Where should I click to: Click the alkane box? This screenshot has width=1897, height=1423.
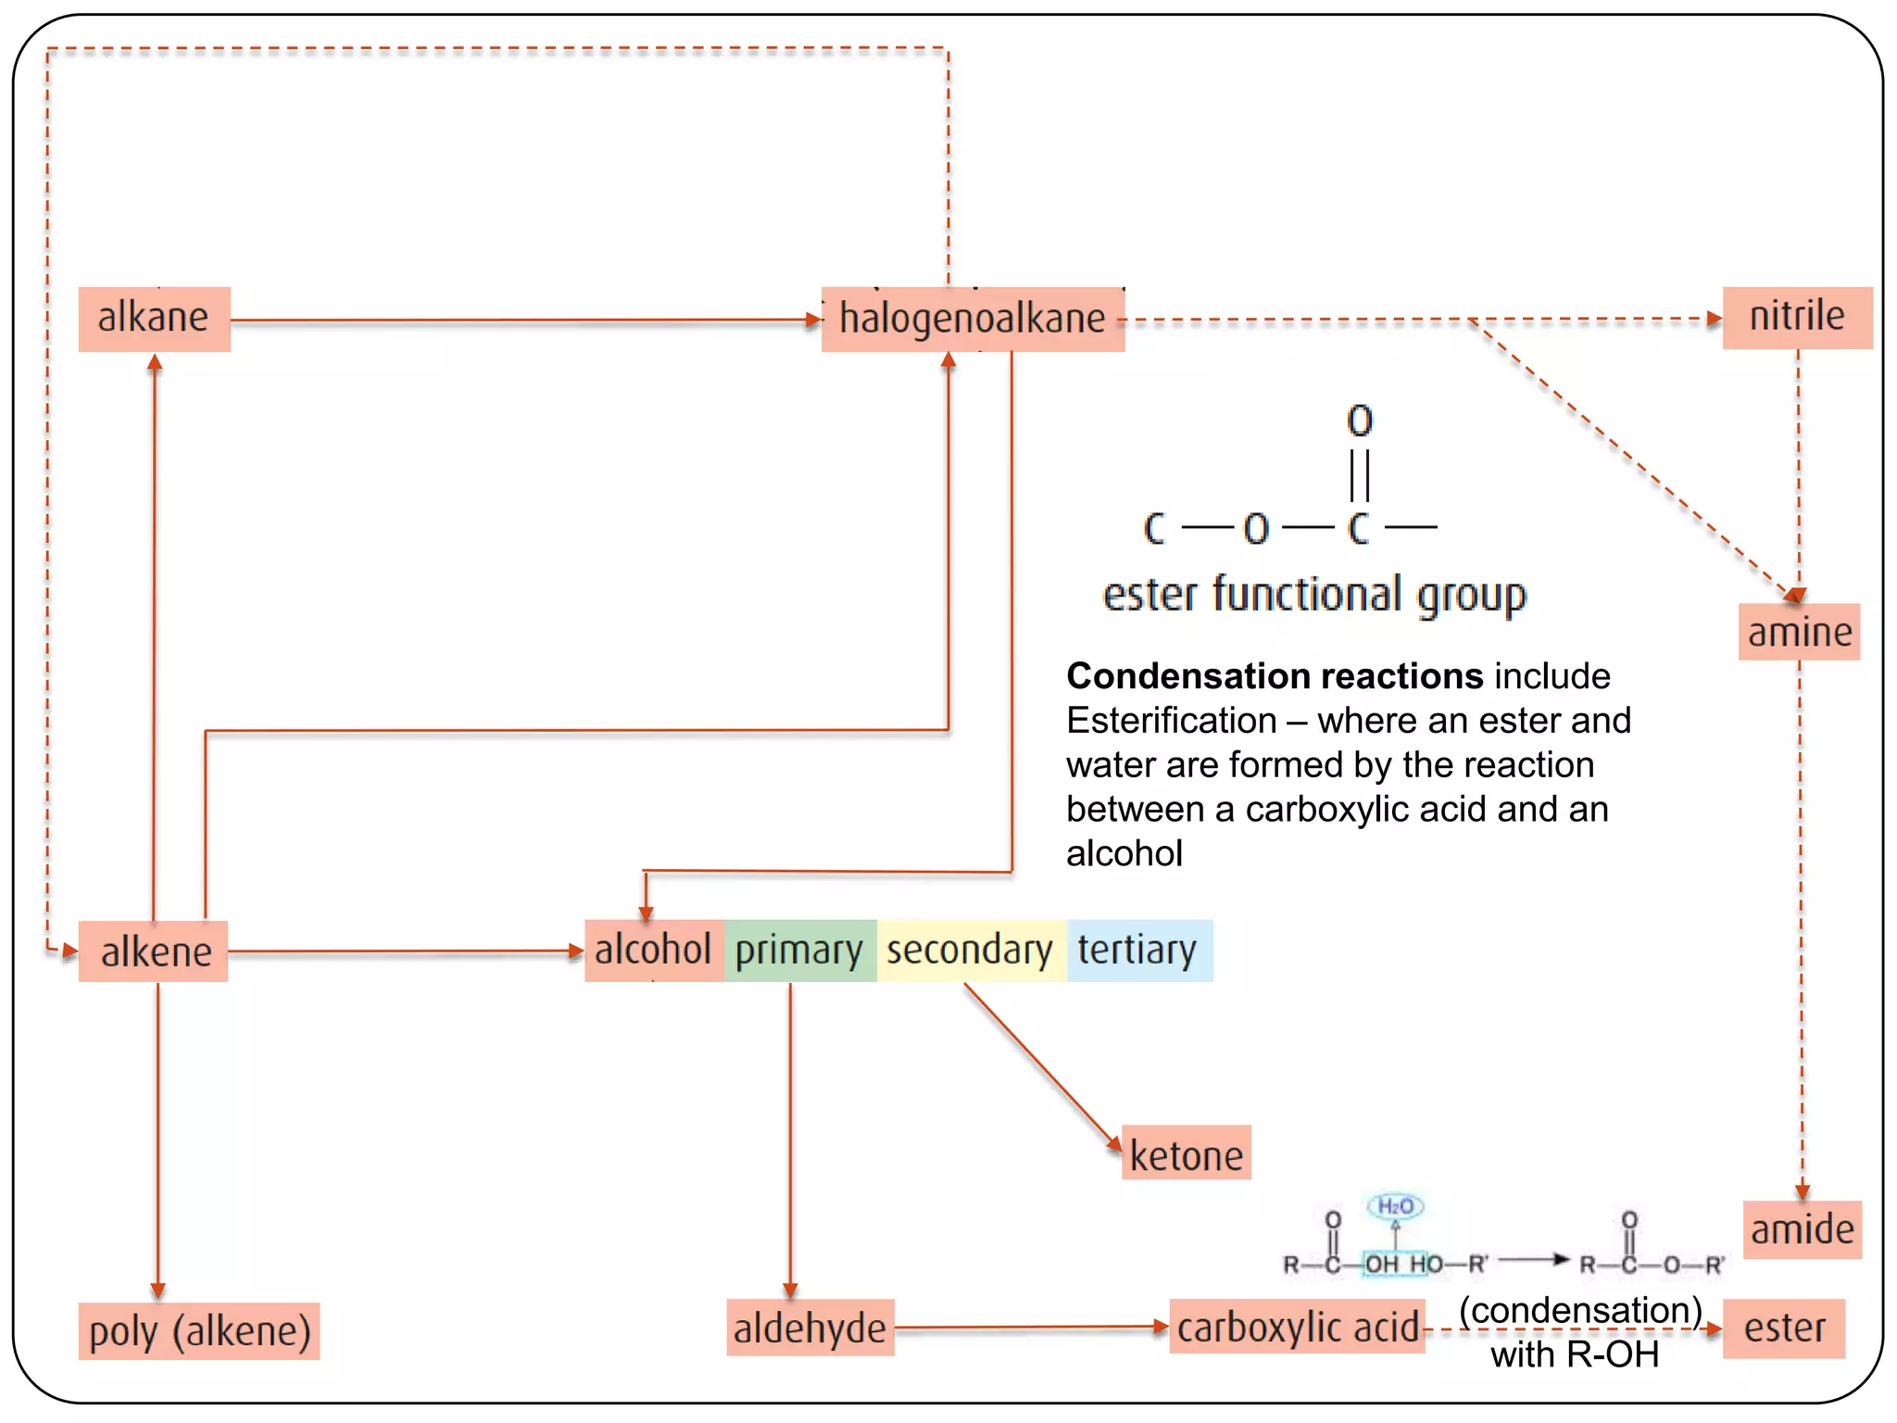(154, 319)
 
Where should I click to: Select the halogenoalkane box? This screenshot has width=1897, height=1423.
(973, 319)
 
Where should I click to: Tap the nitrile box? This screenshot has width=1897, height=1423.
(1796, 317)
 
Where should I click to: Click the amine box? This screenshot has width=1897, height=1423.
(1799, 633)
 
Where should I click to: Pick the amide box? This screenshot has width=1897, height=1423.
(1802, 1230)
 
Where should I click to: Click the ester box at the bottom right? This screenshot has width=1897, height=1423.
(1783, 1329)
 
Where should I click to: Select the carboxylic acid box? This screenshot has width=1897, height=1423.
(1297, 1328)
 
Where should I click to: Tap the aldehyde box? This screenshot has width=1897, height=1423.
(810, 1329)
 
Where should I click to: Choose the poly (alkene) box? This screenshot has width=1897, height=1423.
(199, 1331)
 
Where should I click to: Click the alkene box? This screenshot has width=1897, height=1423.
(155, 951)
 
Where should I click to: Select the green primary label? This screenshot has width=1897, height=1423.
(799, 951)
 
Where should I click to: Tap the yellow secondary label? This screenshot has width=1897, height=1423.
(970, 951)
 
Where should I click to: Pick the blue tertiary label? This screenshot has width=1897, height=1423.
(1137, 951)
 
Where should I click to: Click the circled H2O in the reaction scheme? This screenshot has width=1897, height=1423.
(1395, 1206)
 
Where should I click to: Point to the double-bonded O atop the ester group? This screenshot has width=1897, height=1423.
(1359, 422)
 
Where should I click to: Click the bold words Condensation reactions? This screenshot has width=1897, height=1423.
(1275, 676)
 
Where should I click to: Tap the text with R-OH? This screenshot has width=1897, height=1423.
(1574, 1355)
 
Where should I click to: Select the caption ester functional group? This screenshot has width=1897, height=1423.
(1313, 595)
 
